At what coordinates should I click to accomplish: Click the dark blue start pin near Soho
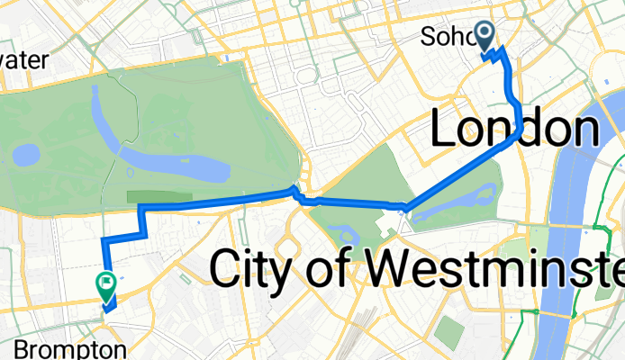[485, 37]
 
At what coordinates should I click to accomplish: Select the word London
[515, 130]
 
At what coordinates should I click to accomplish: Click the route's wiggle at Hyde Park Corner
[301, 194]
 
